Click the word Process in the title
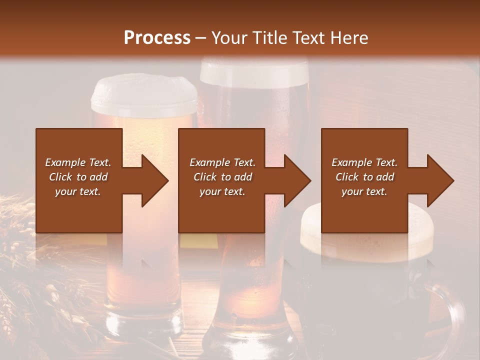[157, 37]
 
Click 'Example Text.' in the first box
[78, 162]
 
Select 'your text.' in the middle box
[222, 191]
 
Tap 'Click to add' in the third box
[364, 177]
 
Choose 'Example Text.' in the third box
[364, 162]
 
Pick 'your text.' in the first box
[78, 191]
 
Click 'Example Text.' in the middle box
[222, 162]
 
